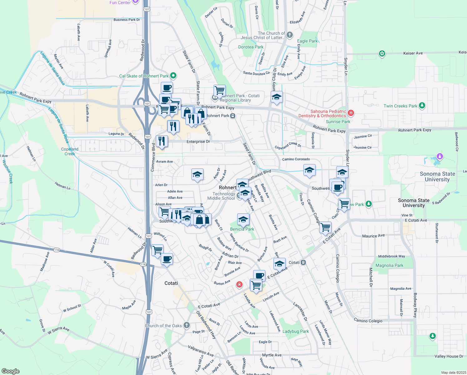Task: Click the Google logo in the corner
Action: click(x=11, y=371)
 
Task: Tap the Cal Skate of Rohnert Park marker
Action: click(x=174, y=76)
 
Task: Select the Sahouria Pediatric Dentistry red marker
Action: click(x=351, y=113)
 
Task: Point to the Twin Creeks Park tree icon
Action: click(x=422, y=106)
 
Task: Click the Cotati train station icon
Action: click(x=303, y=262)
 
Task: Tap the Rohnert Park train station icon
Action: click(x=233, y=116)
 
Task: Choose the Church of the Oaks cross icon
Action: click(x=186, y=325)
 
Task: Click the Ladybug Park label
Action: click(x=295, y=331)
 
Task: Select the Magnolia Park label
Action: click(x=389, y=265)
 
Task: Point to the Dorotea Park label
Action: click(x=251, y=47)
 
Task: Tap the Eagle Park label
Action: click(x=307, y=41)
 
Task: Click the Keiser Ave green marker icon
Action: click(x=382, y=54)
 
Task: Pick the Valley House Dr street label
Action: click(x=449, y=356)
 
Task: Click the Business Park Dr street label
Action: click(x=127, y=20)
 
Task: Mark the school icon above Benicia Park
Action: click(x=243, y=219)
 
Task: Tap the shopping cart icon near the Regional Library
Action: click(x=219, y=91)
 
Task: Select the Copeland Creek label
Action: click(x=70, y=151)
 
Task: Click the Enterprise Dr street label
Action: click(x=198, y=142)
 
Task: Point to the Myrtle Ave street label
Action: click(x=272, y=355)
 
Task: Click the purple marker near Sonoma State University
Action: click(x=440, y=156)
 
